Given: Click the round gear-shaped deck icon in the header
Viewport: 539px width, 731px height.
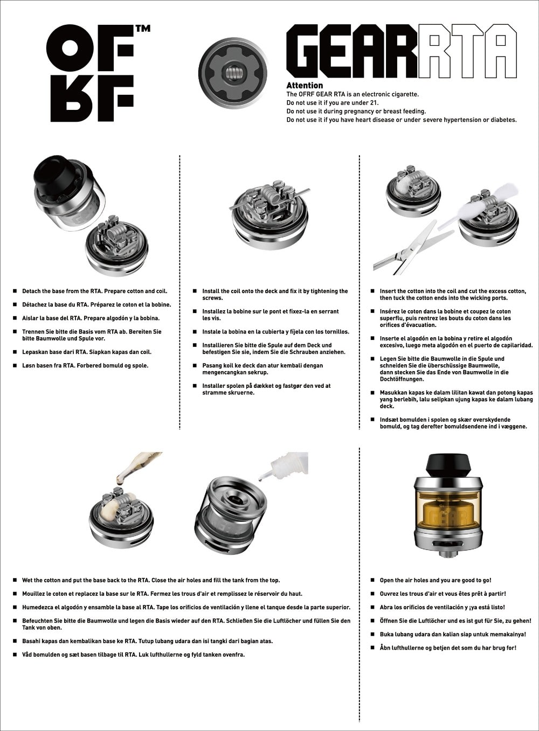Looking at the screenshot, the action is coord(233,71).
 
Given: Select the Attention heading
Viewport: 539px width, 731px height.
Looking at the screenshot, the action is coord(305,85).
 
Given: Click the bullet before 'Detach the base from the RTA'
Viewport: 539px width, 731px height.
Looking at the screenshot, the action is coord(15,291).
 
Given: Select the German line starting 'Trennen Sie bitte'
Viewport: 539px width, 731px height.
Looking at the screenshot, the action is coord(92,335).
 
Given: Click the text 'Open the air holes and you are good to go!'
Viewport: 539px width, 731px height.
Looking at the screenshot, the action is coord(435,580).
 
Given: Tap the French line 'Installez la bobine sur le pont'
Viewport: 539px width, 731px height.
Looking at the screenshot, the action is coord(269,315).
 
